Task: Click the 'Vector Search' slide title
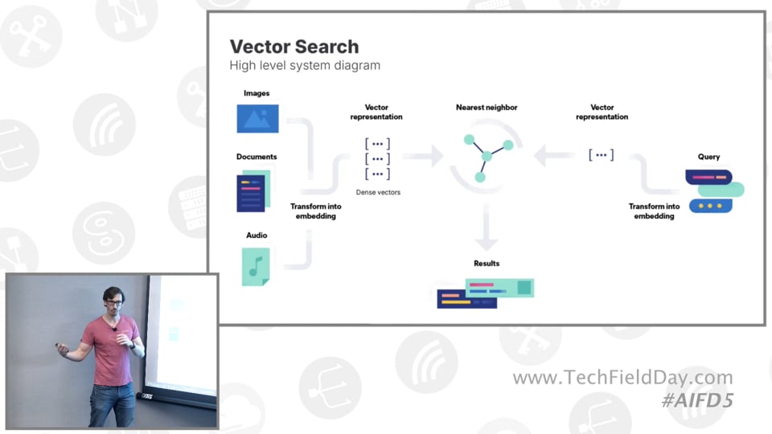pyautogui.click(x=294, y=47)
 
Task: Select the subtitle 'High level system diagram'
pyautogui.click(x=305, y=65)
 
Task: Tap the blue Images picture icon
pyautogui.click(x=257, y=119)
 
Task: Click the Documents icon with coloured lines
pyautogui.click(x=253, y=191)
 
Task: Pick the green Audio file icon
pyautogui.click(x=256, y=267)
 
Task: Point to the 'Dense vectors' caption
pyautogui.click(x=378, y=192)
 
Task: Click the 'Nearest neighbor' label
pyautogui.click(x=487, y=107)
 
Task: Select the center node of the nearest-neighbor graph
pyautogui.click(x=487, y=157)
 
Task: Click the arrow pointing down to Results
pyautogui.click(x=487, y=227)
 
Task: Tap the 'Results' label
pyautogui.click(x=487, y=264)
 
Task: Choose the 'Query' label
pyautogui.click(x=708, y=157)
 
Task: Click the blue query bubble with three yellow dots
pyautogui.click(x=710, y=206)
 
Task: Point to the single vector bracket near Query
pyautogui.click(x=602, y=155)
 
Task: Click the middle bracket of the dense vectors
pyautogui.click(x=378, y=158)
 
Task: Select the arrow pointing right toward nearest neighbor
pyautogui.click(x=423, y=156)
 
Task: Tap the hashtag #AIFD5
pyautogui.click(x=698, y=400)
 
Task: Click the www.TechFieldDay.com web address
pyautogui.click(x=622, y=378)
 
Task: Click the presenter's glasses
pyautogui.click(x=113, y=303)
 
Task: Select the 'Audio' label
pyautogui.click(x=257, y=235)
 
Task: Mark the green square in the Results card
pyautogui.click(x=524, y=288)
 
